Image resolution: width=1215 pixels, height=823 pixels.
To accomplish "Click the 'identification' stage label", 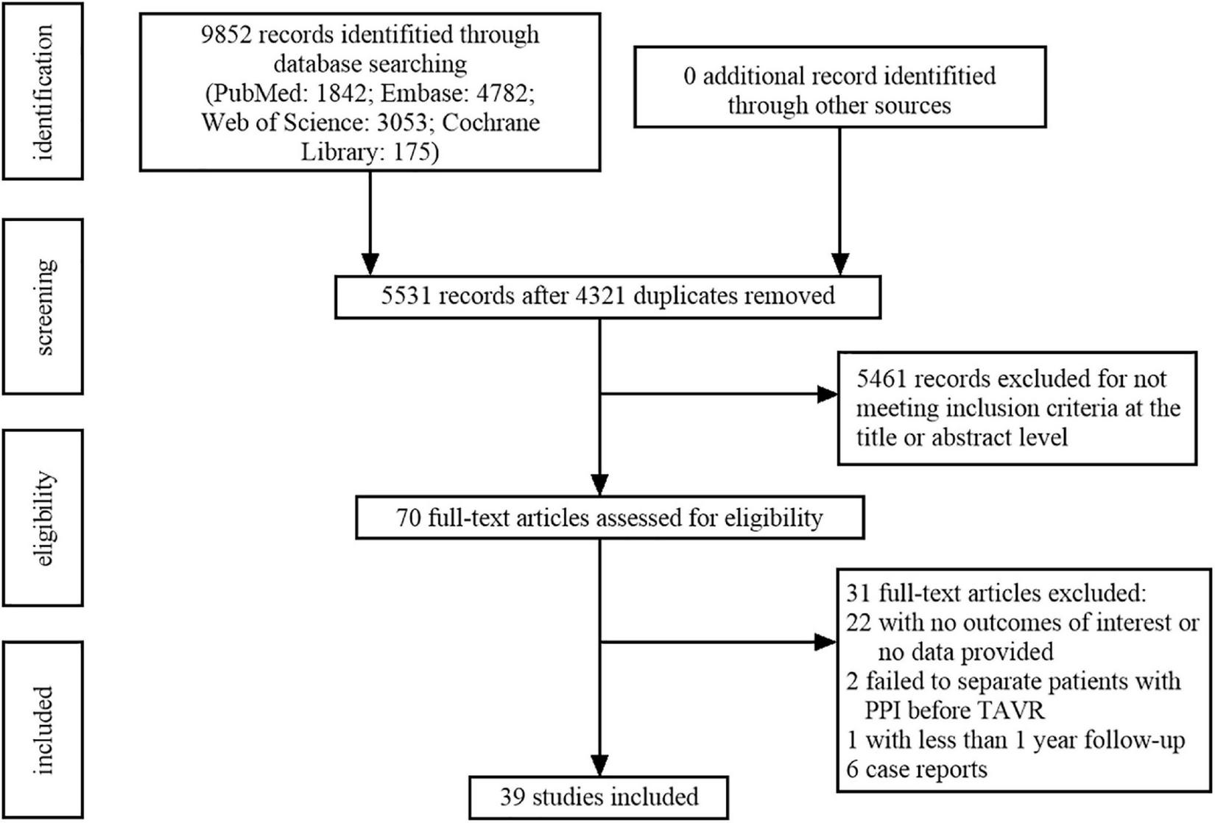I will pos(43,92).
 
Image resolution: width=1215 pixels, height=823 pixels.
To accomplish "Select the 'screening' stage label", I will pos(43,307).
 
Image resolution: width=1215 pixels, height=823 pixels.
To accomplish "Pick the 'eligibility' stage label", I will pos(43,518).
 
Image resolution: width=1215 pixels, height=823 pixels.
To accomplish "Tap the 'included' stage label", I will pos(43,730).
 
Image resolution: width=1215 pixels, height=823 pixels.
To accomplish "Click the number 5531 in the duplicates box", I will pos(406,296).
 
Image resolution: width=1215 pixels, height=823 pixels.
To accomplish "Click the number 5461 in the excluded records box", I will pos(881,379).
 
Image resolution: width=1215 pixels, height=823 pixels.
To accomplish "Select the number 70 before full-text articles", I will pos(408,518).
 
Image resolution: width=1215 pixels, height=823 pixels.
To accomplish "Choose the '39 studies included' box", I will pos(599,797).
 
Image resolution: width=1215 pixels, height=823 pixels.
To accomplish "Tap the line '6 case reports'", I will pos(917,769).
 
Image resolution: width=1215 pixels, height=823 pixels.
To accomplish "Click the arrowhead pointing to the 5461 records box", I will pos(828,395).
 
